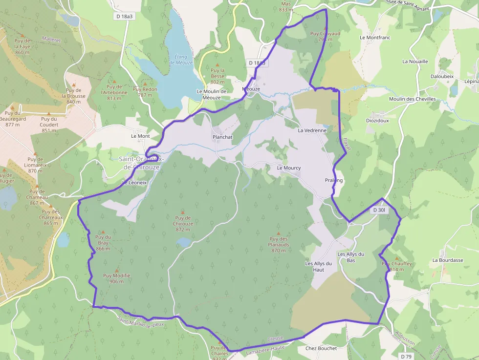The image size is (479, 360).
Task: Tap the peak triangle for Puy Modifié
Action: pyautogui.click(x=116, y=271)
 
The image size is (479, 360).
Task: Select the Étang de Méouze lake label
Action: pyautogui.click(x=181, y=60)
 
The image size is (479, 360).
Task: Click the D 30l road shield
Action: pyautogui.click(x=379, y=210)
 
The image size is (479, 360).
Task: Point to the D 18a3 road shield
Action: pyautogui.click(x=125, y=16)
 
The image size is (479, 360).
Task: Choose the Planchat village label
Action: pyautogui.click(x=222, y=137)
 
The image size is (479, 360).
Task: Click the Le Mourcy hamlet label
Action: pyautogui.click(x=289, y=168)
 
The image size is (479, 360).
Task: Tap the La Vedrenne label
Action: pyautogui.click(x=312, y=130)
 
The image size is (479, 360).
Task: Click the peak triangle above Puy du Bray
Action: pyautogui.click(x=103, y=232)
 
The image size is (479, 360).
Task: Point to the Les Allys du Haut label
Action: pyautogui.click(x=319, y=266)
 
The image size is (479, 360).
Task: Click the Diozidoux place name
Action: pyautogui.click(x=378, y=120)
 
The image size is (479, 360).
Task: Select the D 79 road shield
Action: pyautogui.click(x=406, y=357)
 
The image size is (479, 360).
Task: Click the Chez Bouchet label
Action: pyautogui.click(x=321, y=348)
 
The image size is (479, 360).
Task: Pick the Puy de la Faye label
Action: pyautogui.click(x=22, y=46)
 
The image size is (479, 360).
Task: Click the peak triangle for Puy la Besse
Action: pyautogui.click(x=218, y=64)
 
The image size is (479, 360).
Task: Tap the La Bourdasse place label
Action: pyautogui.click(x=447, y=260)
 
